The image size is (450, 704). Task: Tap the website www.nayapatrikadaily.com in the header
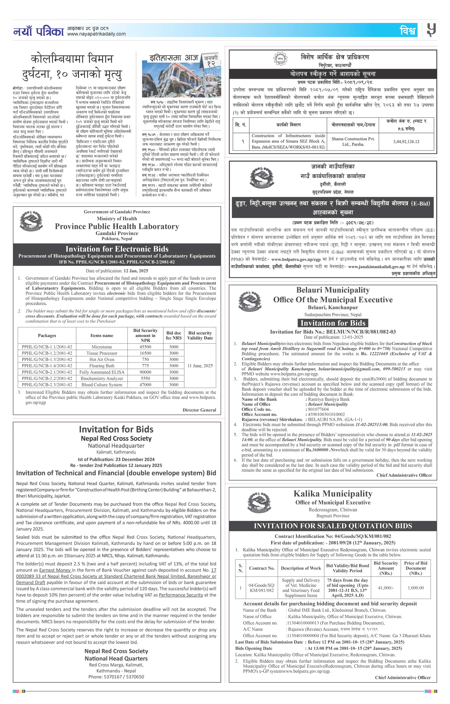tap(96, 34)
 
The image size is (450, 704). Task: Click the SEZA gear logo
tap(280, 59)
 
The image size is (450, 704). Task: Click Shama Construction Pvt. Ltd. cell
tap(353, 142)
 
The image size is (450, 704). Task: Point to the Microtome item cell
tap(102, 347)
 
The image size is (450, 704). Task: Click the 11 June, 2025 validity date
tap(200, 366)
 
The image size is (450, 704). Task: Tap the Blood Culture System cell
tap(102, 385)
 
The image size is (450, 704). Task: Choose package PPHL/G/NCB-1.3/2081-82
tap(47, 359)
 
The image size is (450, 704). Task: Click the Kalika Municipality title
tap(333, 494)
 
